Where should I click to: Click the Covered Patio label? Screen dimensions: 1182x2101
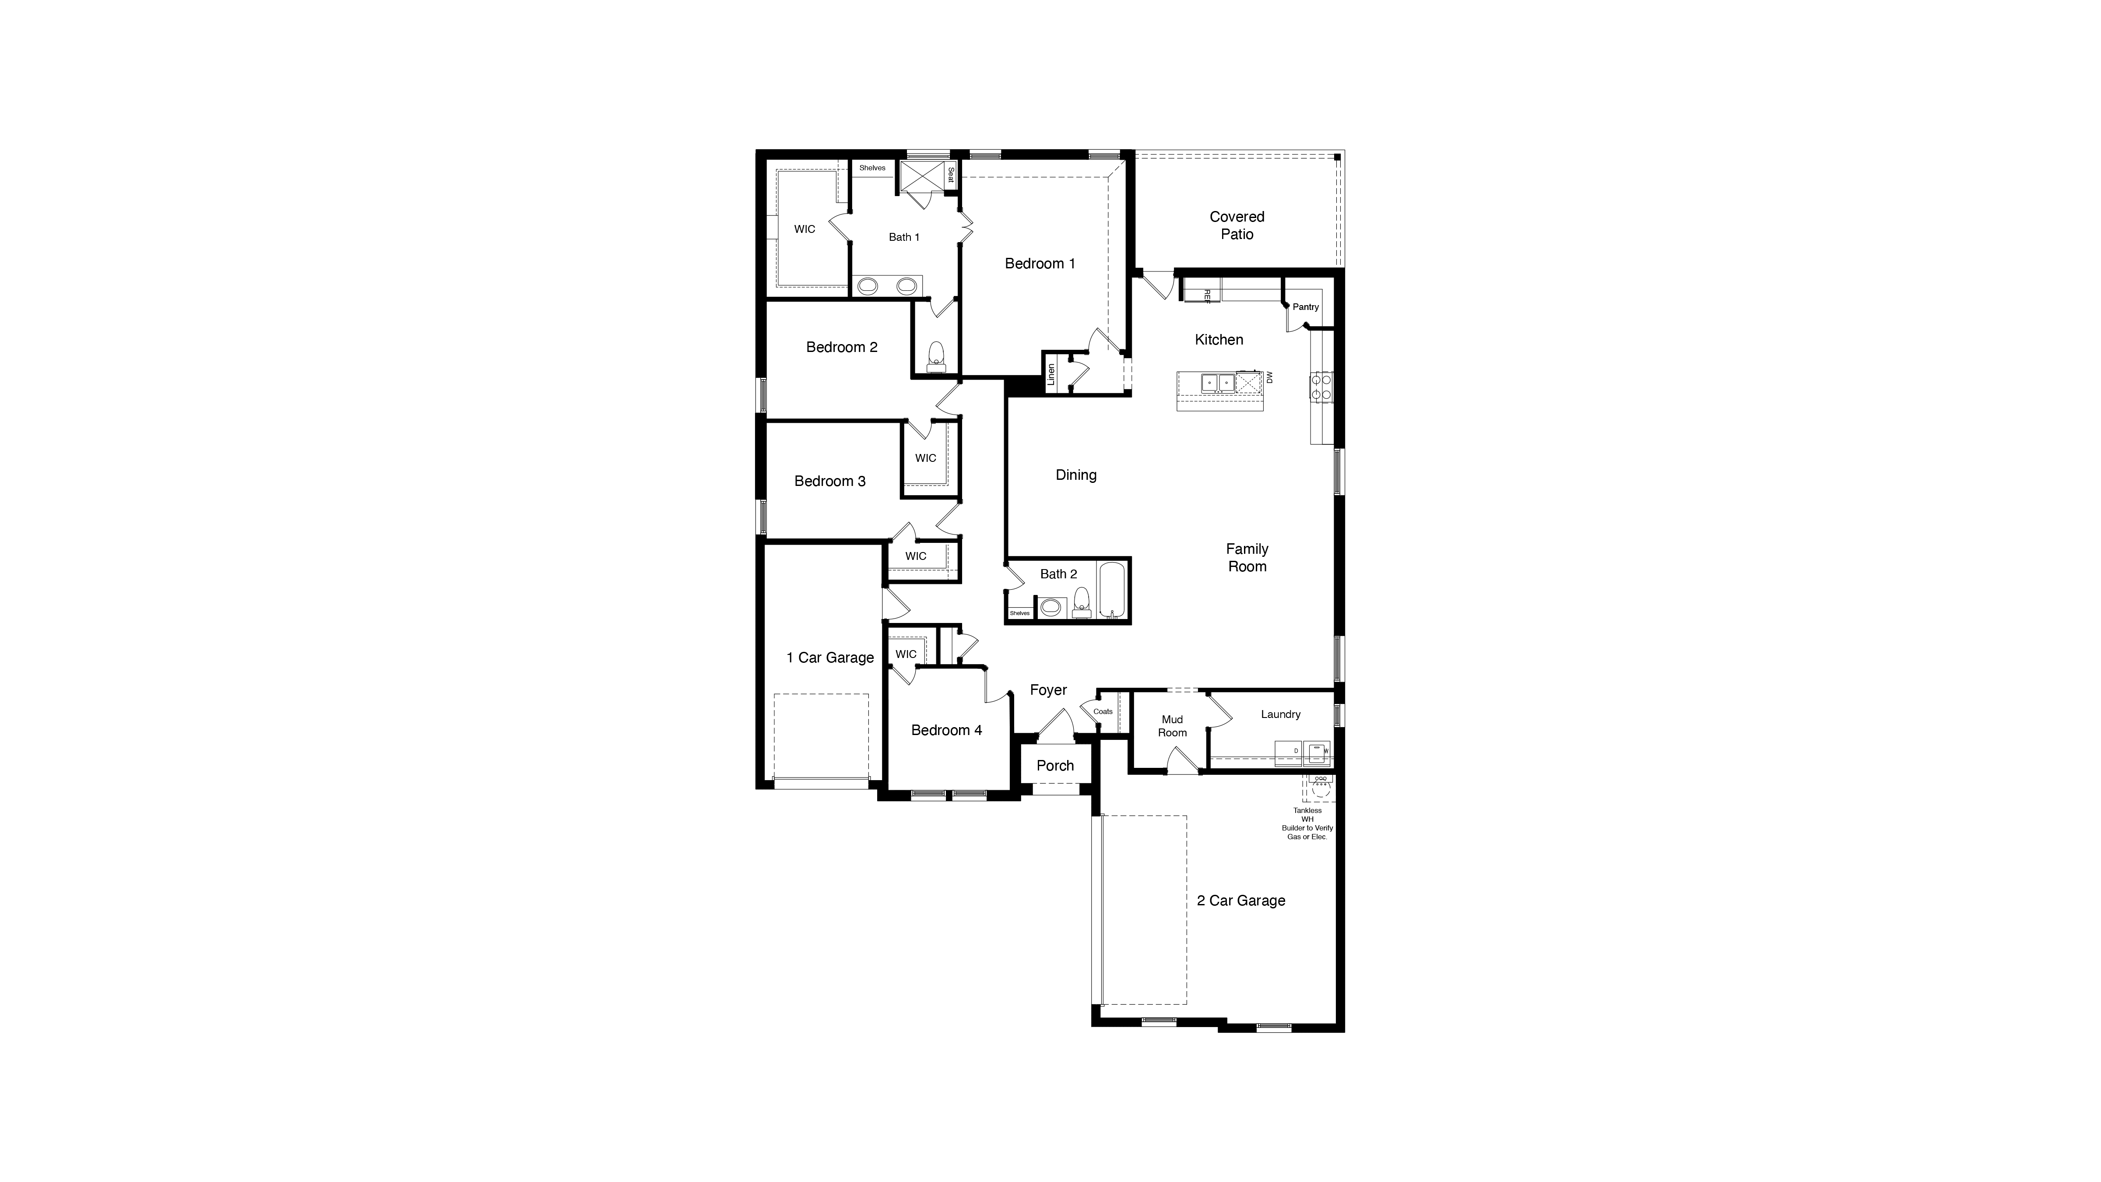pos(1237,225)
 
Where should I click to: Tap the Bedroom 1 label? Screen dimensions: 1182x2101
pos(1040,264)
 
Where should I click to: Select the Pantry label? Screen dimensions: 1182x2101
pos(1305,307)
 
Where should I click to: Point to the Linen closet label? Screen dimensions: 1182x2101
pos(1051,374)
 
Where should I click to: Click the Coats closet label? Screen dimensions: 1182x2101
pos(1103,711)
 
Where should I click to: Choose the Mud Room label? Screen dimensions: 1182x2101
pos(1172,726)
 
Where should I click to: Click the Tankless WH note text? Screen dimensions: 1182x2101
pos(1307,823)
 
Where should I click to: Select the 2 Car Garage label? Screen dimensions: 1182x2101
pos(1240,901)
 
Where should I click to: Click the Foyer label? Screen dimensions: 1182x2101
pos(1048,690)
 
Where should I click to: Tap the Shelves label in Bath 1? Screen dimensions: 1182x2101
pos(872,168)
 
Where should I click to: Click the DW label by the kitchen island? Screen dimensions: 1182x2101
pos(1268,378)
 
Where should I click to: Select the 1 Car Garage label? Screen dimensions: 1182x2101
pos(829,658)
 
